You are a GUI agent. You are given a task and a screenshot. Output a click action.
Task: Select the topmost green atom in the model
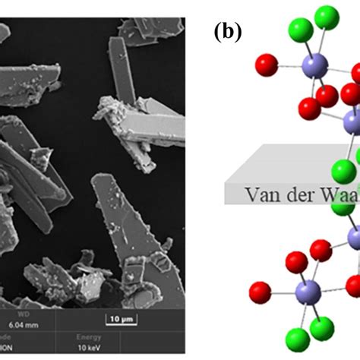327,17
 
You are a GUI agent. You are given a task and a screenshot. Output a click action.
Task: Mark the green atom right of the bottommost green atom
322,328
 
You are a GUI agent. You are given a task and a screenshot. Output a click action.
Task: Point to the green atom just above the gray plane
344,170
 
